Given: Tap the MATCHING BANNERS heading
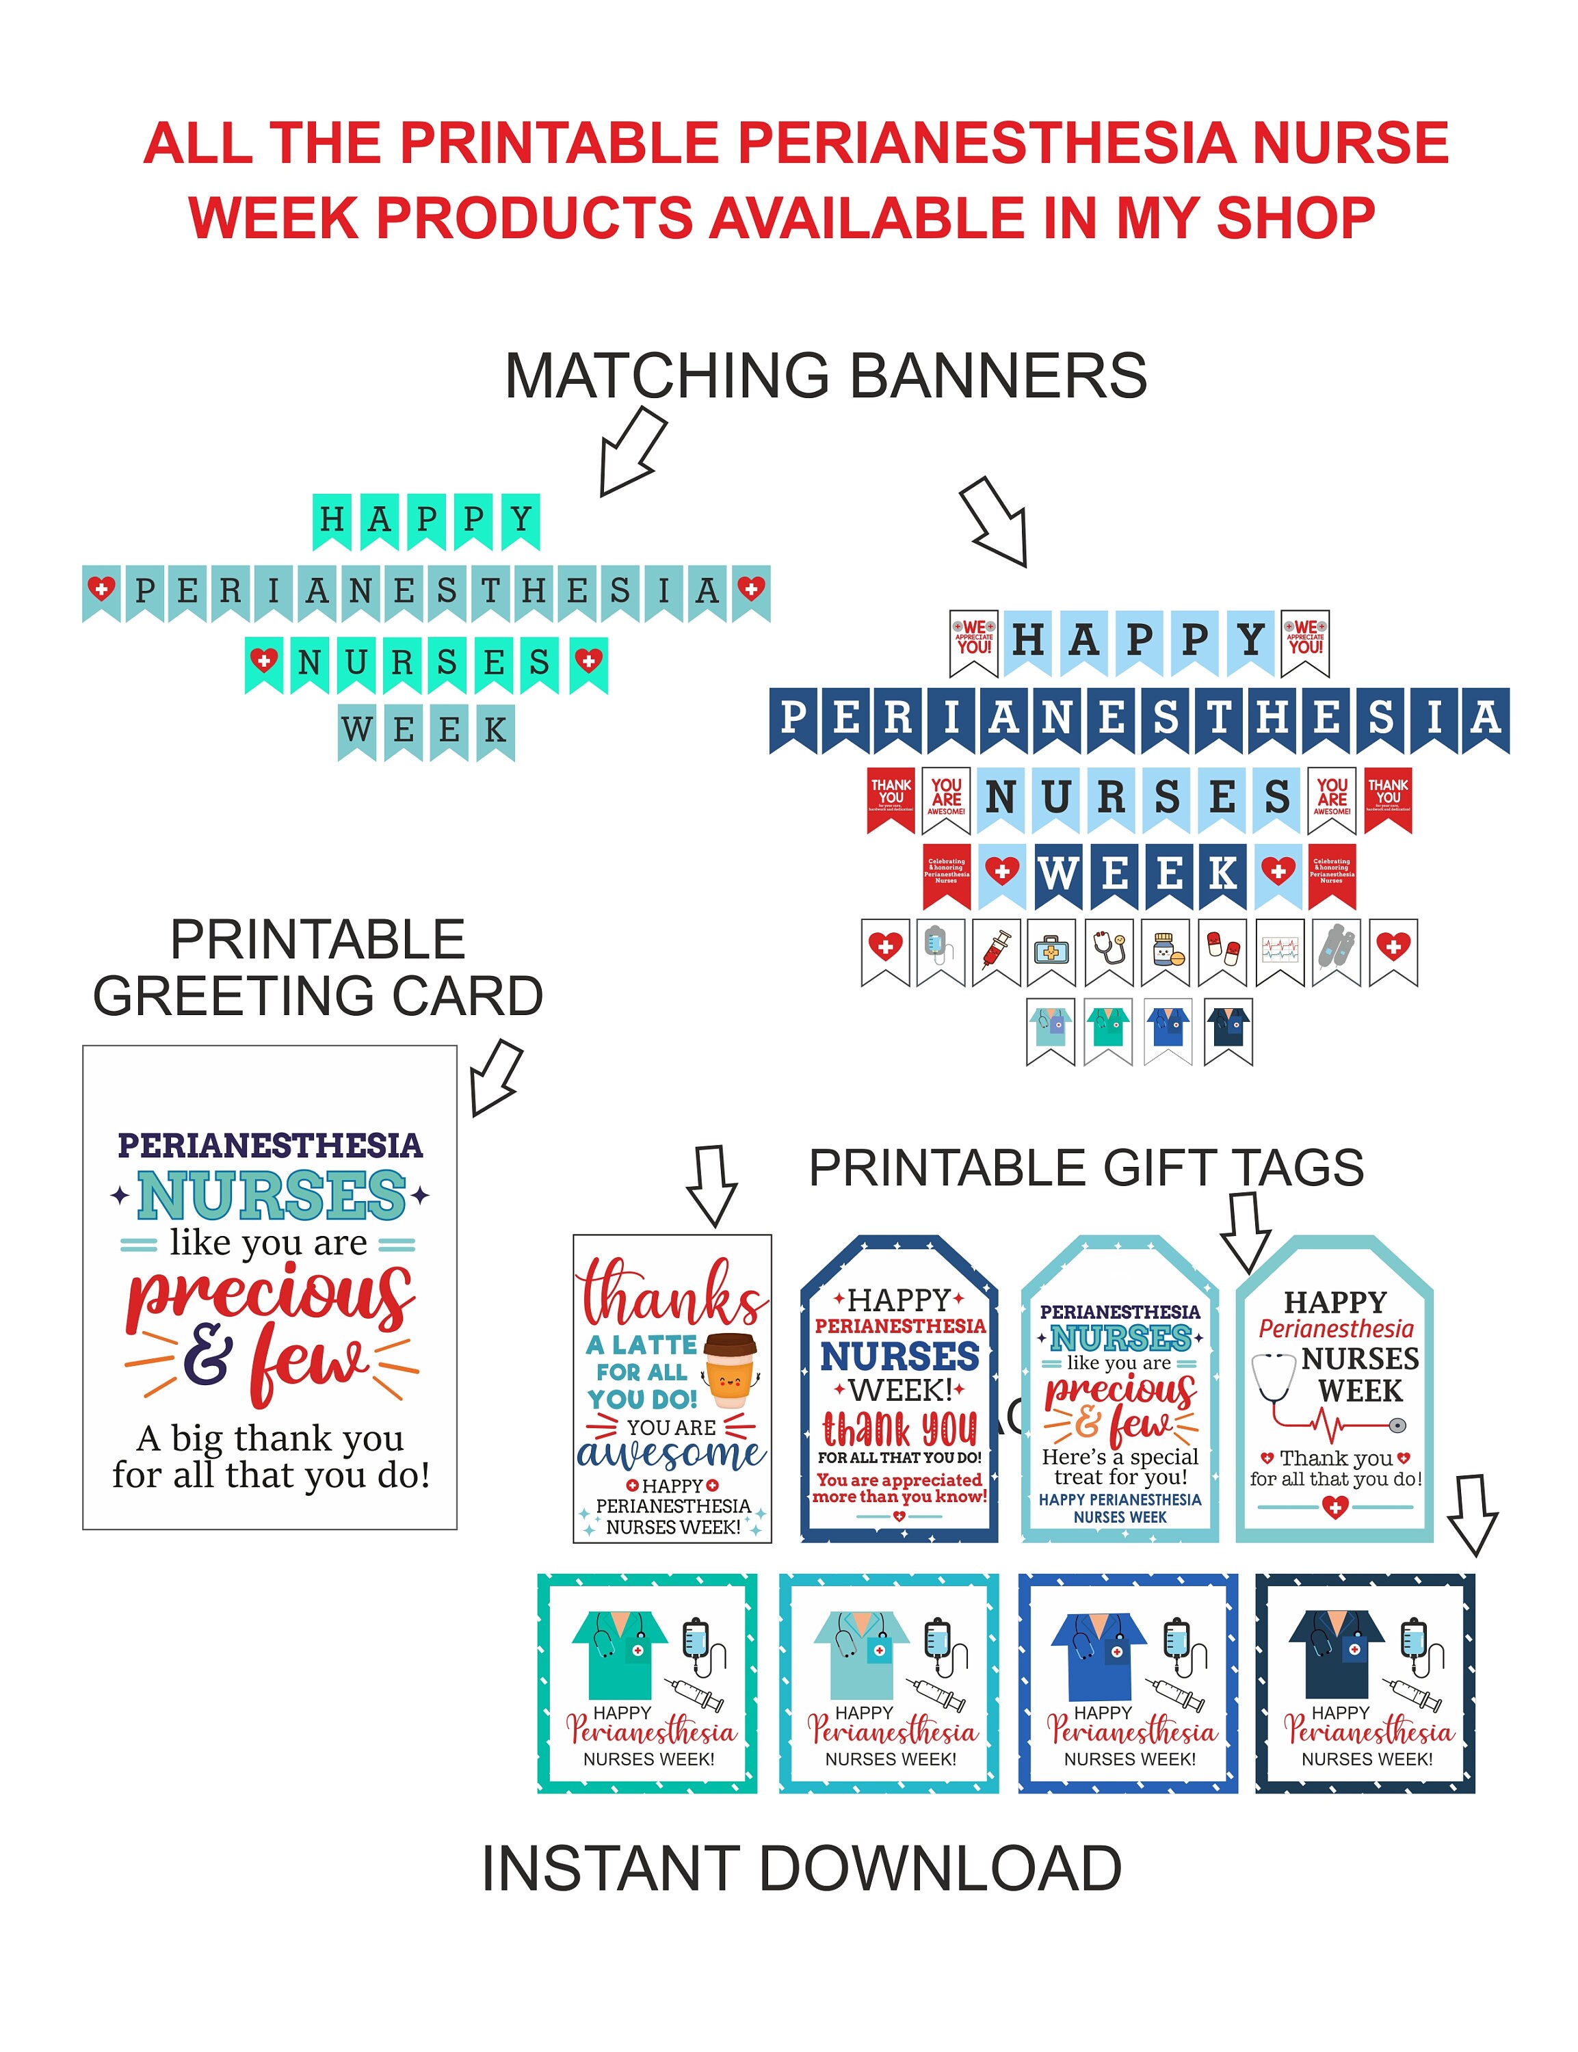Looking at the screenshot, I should (x=825, y=376).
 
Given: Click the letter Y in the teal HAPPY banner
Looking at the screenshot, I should (x=521, y=519).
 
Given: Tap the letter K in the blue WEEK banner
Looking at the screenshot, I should (x=1222, y=874).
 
